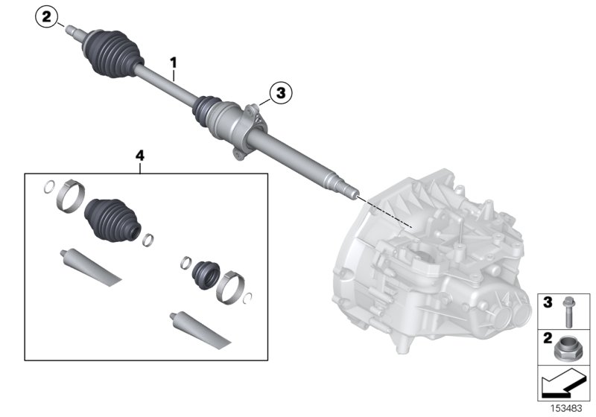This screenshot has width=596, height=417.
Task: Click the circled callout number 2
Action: pos(48,17)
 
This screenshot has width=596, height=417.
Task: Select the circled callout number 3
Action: pos(281,93)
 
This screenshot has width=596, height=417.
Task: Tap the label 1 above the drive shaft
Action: pos(174,63)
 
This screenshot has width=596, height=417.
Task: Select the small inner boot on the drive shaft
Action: pos(206,109)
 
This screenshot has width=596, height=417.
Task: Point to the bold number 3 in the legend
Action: pos(547,302)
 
